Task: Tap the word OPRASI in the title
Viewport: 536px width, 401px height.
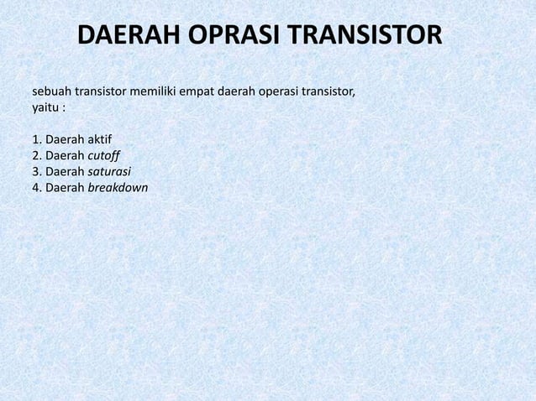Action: pos(233,37)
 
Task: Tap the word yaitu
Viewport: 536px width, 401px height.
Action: pos(45,108)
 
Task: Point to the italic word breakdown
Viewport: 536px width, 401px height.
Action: pos(118,187)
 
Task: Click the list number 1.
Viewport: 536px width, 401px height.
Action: pos(36,138)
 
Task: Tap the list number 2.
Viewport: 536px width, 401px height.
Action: pos(36,155)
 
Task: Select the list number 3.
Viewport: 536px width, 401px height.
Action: pos(36,171)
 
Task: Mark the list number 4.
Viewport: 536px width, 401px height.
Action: pos(36,187)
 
